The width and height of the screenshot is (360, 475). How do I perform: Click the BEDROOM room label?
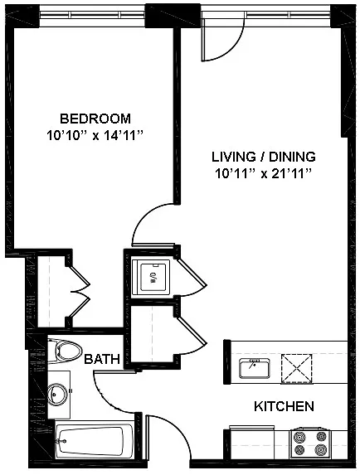(95, 119)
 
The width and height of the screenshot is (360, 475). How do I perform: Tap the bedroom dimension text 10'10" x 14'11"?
(95, 135)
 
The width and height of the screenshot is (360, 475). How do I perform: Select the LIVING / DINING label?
(264, 157)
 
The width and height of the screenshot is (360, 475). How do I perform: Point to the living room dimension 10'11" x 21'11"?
(264, 174)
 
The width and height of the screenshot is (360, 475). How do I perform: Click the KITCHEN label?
(284, 406)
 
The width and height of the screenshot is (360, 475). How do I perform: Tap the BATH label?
(102, 359)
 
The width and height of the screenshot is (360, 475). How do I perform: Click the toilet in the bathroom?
(65, 351)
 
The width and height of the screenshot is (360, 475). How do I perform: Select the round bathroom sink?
(56, 394)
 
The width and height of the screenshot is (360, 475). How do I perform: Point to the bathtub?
(95, 440)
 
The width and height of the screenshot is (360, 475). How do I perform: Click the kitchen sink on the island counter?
(255, 368)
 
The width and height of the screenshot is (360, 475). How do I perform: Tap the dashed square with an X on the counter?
(297, 369)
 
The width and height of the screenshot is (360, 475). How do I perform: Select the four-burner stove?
(309, 443)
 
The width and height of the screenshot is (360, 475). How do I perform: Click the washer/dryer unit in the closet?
(152, 277)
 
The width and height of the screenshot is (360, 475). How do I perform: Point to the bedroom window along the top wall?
(92, 15)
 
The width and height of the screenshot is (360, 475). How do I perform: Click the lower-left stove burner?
(299, 449)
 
